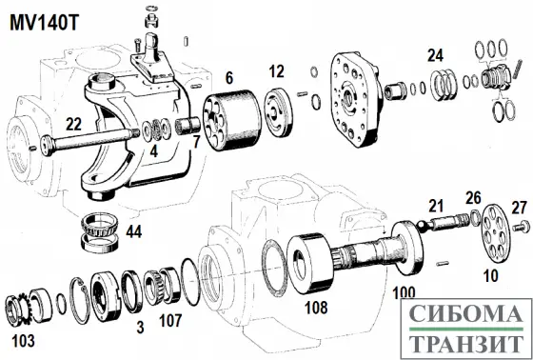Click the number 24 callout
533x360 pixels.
pos(436,54)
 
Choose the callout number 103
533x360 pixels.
pos(20,339)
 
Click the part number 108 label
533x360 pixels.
pos(315,309)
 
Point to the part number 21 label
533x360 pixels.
pos(436,205)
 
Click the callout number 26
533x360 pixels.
pos(473,197)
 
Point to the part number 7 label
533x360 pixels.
pos(196,143)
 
